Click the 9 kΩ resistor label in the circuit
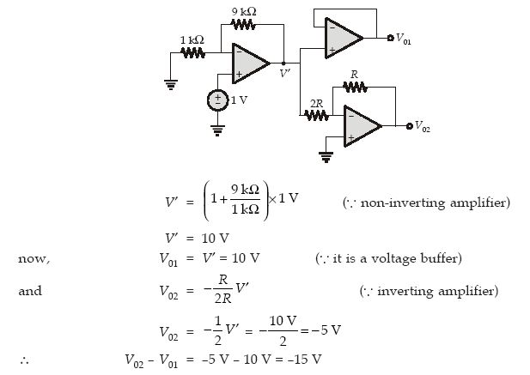[243, 10]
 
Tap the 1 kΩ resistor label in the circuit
[192, 40]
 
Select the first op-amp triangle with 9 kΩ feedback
[250, 64]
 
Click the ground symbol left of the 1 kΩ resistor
[169, 84]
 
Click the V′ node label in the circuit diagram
[284, 75]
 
